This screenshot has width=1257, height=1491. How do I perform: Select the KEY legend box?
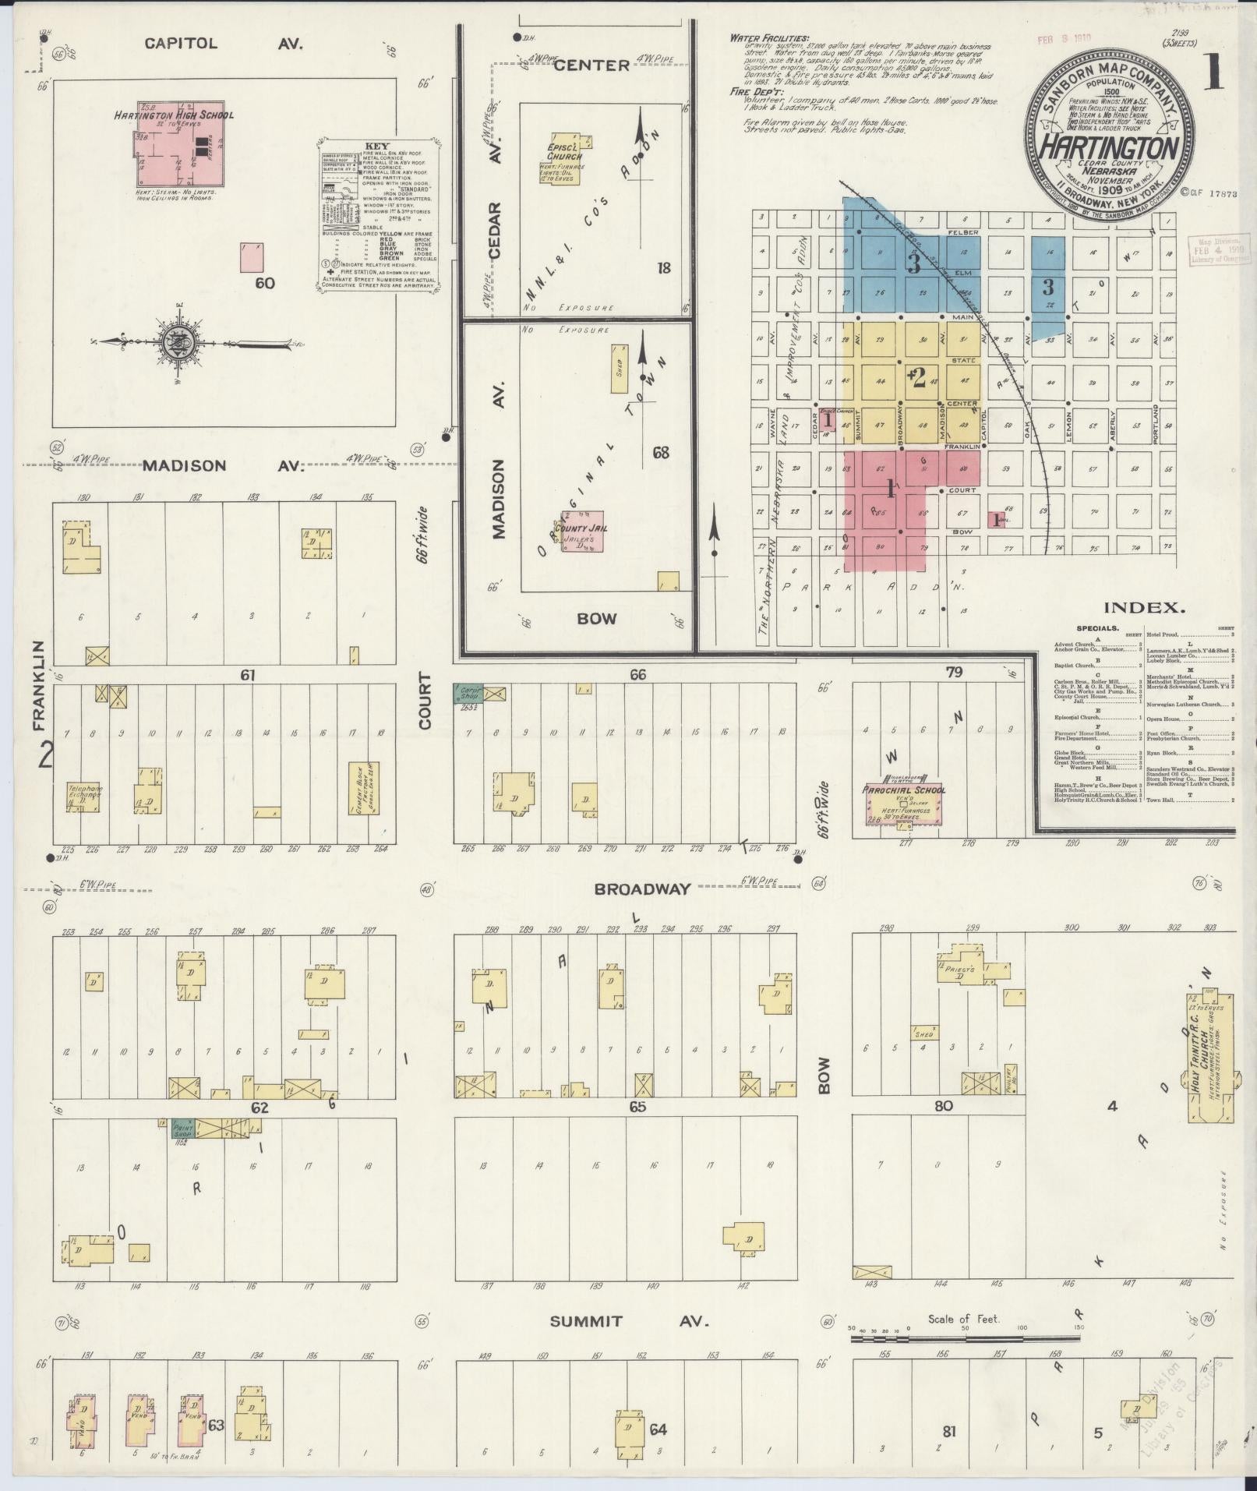tap(380, 214)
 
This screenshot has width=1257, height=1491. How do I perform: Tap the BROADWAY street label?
tap(642, 889)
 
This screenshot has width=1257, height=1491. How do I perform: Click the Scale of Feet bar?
tap(964, 1338)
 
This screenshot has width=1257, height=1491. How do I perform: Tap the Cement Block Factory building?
tap(363, 788)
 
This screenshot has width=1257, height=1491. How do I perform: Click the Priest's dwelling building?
tap(960, 966)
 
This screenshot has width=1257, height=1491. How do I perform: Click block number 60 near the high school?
tap(265, 282)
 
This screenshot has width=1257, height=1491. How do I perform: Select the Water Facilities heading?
tap(769, 38)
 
